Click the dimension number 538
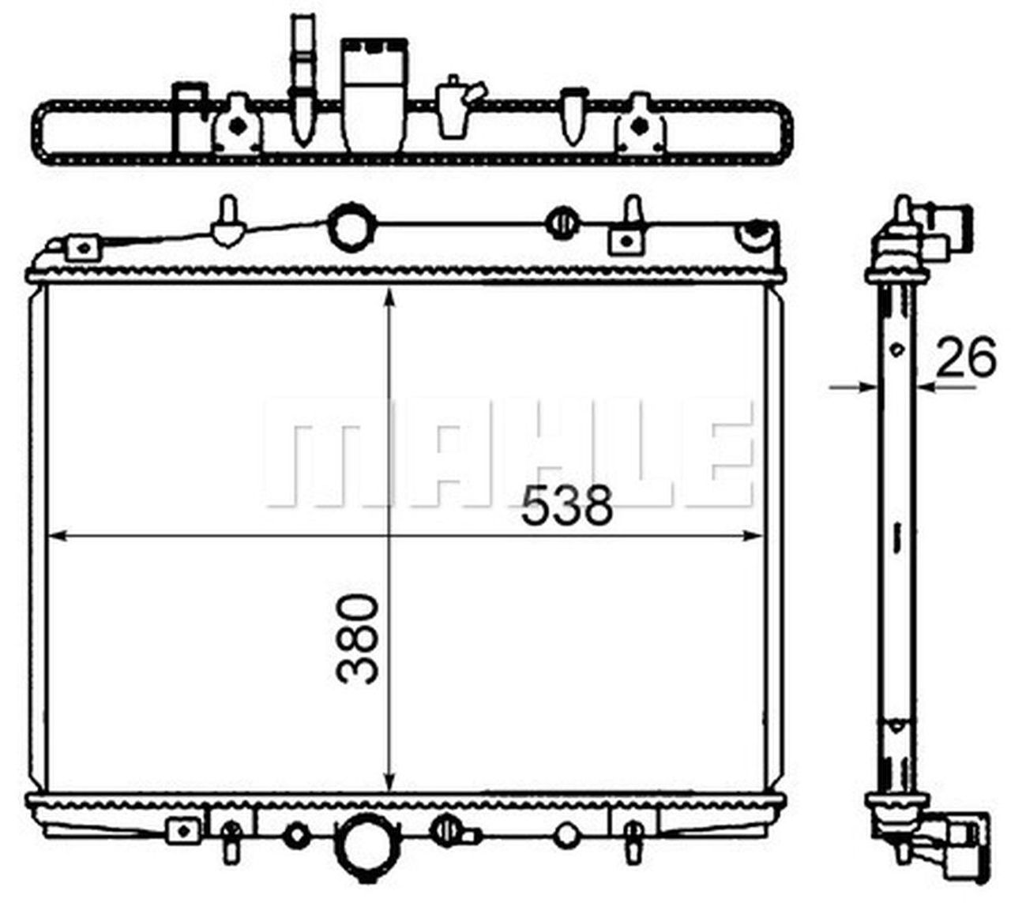566,505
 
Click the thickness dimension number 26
965,359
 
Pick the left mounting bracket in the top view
236,125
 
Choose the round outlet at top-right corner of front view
754,235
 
